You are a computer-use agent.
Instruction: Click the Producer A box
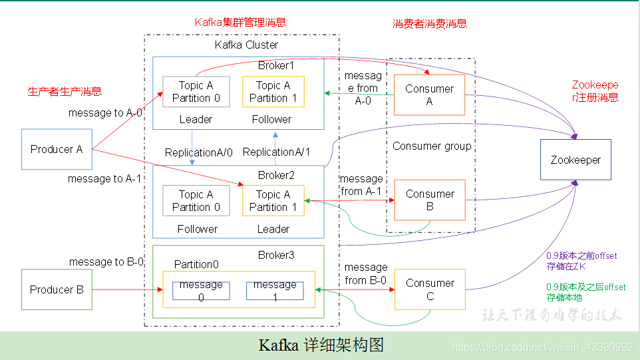coord(57,150)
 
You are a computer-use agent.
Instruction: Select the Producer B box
coord(57,289)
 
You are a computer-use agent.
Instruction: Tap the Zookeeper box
coord(575,160)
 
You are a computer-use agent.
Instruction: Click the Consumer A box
coord(429,94)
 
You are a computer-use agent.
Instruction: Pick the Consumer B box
coord(429,200)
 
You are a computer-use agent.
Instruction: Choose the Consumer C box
coord(429,289)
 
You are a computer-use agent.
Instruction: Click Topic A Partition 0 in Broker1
coord(196,92)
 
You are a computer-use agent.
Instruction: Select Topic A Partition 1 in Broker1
coord(273,92)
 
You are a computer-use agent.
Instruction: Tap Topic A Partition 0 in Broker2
coord(196,201)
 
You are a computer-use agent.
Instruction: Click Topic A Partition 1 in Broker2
coord(273,201)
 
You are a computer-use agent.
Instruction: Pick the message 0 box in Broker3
coord(201,291)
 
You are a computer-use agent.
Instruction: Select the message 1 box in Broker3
coord(275,291)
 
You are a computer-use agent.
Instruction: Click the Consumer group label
coord(432,146)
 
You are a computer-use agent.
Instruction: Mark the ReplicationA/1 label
coord(277,152)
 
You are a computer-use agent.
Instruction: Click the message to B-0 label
coord(106,262)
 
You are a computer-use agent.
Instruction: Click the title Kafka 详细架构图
coord(321,345)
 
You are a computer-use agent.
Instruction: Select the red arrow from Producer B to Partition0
coord(126,289)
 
